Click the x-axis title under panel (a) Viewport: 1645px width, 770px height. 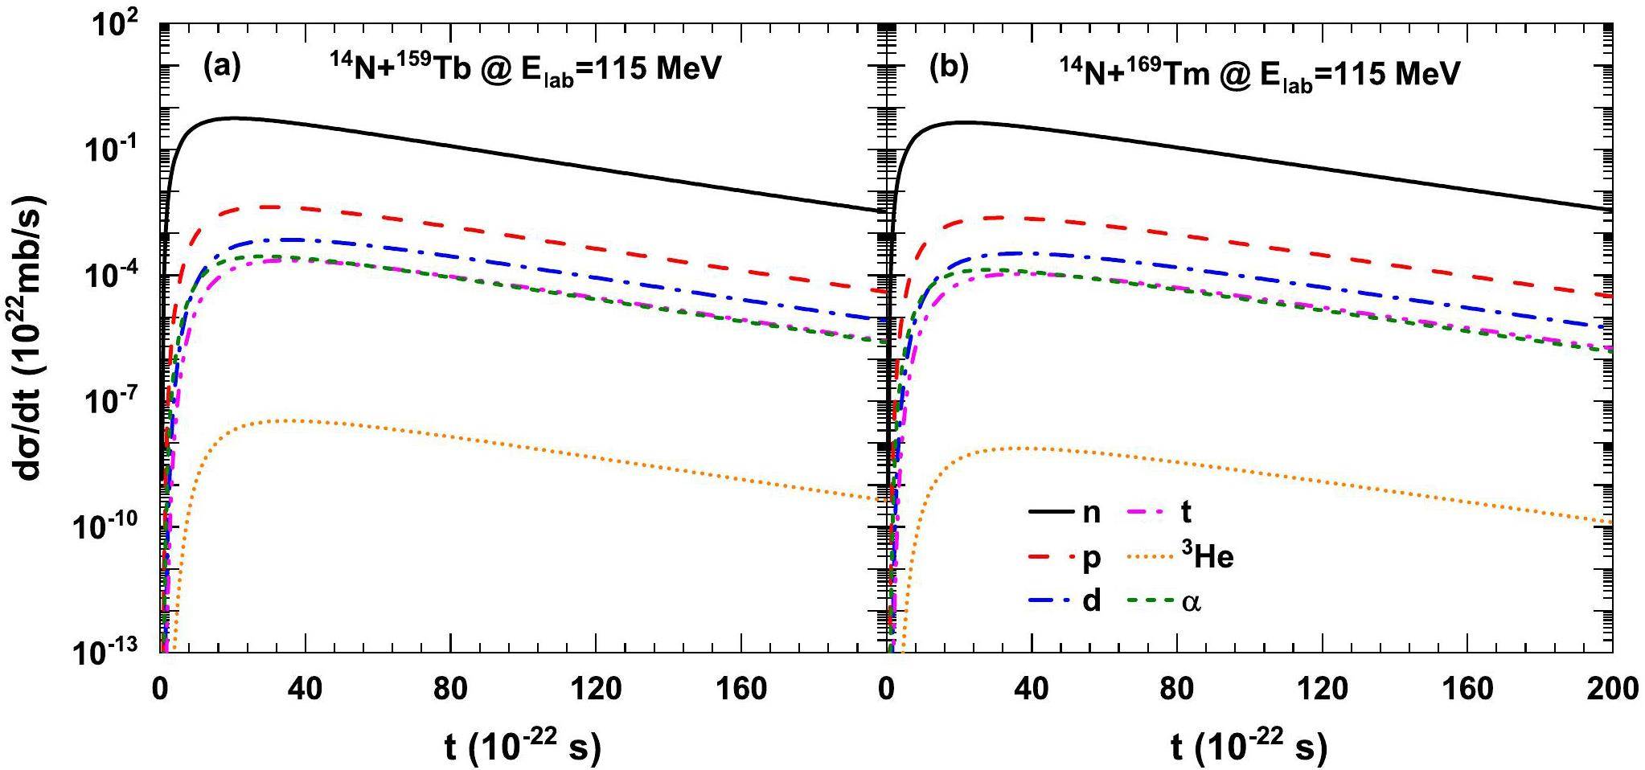point(523,747)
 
